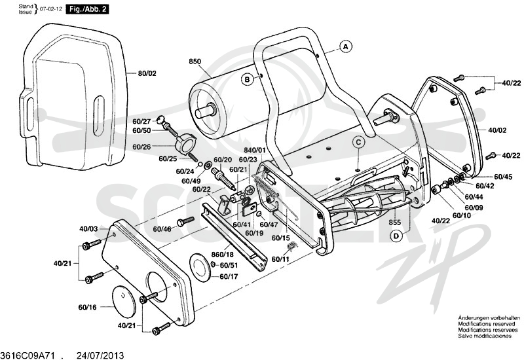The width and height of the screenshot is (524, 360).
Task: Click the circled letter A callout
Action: (x=346, y=46)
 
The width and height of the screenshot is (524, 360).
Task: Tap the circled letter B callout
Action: (x=248, y=79)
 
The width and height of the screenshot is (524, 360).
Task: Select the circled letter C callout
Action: (x=358, y=143)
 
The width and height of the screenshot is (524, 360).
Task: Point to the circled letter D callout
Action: (x=396, y=236)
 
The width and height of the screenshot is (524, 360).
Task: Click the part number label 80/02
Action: (x=147, y=73)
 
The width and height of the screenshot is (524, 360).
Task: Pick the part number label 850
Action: (x=195, y=62)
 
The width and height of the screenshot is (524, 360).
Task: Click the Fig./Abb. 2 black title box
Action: (x=87, y=9)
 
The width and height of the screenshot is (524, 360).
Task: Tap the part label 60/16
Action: (x=87, y=307)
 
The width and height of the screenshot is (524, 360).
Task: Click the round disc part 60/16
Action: (x=124, y=301)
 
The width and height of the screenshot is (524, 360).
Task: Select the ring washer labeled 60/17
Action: (x=200, y=267)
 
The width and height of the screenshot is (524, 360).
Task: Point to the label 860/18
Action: (x=222, y=255)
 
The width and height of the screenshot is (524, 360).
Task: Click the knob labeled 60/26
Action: (x=184, y=143)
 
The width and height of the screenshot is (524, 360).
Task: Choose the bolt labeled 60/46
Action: (x=185, y=221)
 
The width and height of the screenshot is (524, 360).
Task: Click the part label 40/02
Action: (x=497, y=130)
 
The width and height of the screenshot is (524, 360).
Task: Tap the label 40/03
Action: (x=88, y=228)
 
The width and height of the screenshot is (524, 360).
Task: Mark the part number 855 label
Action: (x=395, y=223)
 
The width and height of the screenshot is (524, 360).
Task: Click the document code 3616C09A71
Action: (x=28, y=355)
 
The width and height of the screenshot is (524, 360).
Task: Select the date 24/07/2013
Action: (x=101, y=355)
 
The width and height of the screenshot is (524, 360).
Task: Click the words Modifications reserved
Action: (x=487, y=324)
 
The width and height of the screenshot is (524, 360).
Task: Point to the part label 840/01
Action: (x=255, y=150)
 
